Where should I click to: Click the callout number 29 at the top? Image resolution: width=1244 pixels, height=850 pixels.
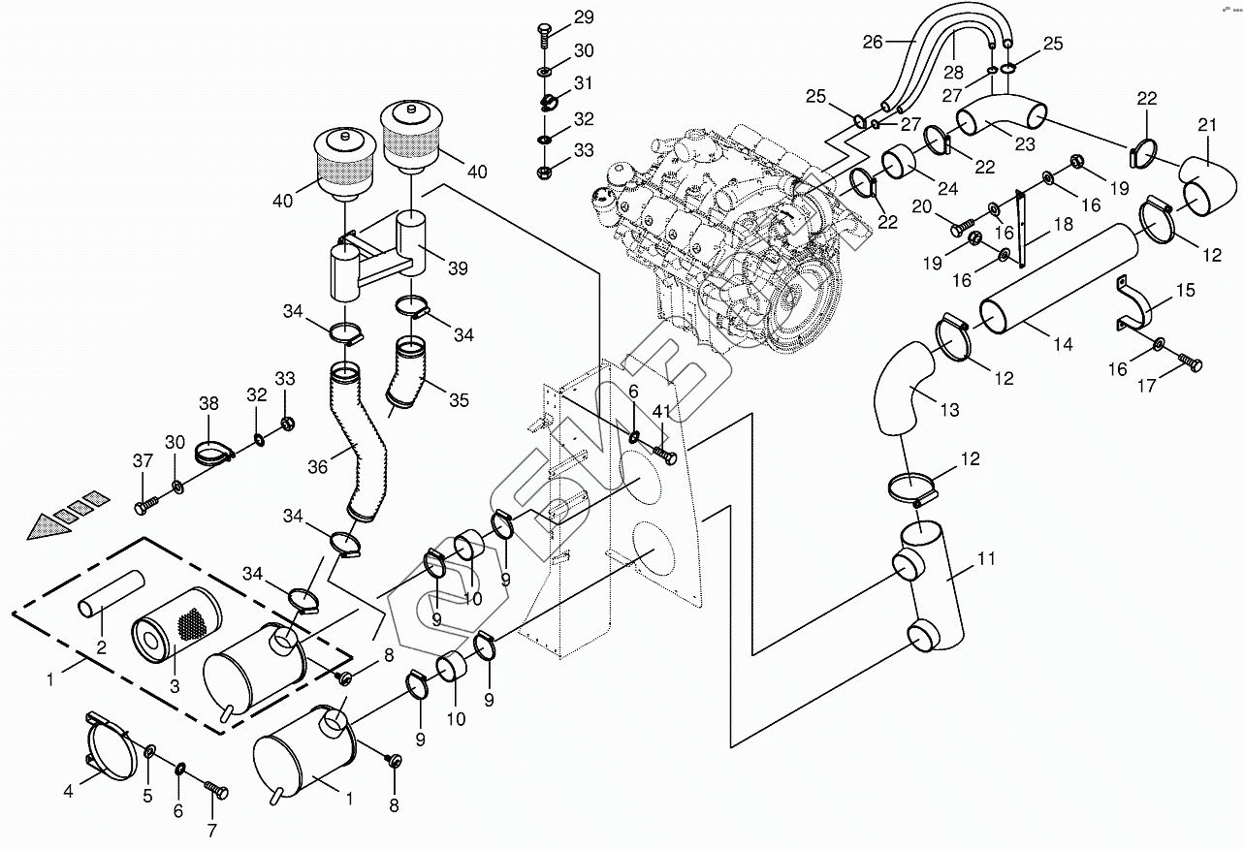(x=584, y=17)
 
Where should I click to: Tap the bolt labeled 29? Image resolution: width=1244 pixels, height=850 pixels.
(x=544, y=36)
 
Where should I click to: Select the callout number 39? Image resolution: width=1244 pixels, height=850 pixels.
(x=459, y=268)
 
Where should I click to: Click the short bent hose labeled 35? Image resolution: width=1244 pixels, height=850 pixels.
(x=407, y=375)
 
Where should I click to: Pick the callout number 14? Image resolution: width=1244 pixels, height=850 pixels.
(x=1063, y=344)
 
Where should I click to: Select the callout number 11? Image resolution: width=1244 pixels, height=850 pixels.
(x=986, y=558)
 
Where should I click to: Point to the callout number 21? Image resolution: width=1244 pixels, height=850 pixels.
(x=1206, y=125)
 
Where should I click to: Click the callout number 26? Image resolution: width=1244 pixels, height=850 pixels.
(x=873, y=43)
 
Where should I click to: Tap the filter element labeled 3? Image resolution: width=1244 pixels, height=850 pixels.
(x=176, y=624)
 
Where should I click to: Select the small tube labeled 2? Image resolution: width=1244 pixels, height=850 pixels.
(x=111, y=593)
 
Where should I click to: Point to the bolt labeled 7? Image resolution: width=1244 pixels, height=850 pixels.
(x=216, y=791)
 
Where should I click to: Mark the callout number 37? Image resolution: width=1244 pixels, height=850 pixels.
(x=143, y=460)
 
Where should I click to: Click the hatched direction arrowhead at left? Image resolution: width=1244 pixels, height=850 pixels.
(x=50, y=524)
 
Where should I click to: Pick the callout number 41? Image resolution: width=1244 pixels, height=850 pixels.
(x=661, y=411)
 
